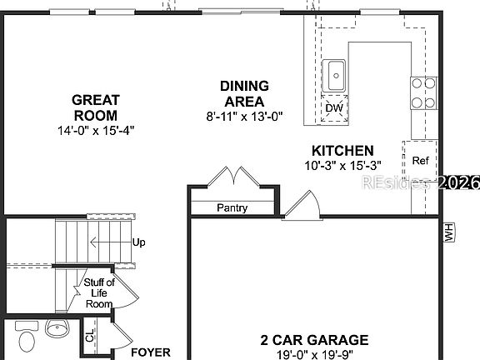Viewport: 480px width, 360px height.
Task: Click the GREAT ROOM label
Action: point(96,107)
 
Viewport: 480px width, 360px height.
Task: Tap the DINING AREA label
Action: point(244,93)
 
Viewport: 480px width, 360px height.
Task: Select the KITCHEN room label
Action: point(342,151)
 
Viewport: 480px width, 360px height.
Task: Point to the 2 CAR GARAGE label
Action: point(313,340)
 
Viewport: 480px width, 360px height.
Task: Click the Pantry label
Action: point(232,207)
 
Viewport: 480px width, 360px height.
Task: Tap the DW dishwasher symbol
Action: point(333,108)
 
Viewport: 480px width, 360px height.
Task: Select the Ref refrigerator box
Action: point(420,161)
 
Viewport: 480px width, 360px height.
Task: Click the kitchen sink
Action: point(336,74)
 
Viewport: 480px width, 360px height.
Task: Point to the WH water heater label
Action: point(448,232)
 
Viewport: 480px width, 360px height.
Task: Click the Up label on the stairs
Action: point(139,242)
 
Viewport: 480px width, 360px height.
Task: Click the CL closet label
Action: point(90,337)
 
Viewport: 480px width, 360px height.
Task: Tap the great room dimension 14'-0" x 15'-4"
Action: point(96,130)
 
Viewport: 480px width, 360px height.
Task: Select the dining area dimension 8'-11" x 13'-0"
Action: point(244,116)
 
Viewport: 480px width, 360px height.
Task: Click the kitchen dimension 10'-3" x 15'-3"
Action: point(342,166)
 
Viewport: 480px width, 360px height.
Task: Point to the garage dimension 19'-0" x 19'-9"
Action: point(313,354)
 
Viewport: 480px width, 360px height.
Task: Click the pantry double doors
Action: point(229,177)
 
